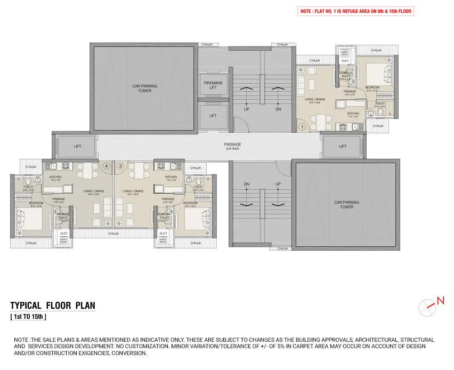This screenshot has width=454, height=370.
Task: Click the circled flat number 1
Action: click(302, 127)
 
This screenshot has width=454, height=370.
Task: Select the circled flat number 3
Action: click(120, 166)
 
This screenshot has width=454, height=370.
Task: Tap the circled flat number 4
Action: click(107, 166)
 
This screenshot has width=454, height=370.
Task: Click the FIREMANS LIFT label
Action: click(213, 85)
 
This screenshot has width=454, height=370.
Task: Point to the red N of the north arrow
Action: click(440, 301)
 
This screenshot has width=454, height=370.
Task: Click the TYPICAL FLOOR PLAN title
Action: click(53, 305)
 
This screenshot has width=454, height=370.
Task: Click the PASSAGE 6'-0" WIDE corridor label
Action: click(232, 146)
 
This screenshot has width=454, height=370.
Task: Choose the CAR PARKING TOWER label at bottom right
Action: click(346, 204)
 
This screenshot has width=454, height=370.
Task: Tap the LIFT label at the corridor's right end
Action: click(342, 146)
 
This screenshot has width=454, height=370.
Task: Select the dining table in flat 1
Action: click(318, 120)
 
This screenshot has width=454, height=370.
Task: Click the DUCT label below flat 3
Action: click(163, 233)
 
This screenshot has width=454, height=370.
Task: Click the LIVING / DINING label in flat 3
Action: click(133, 191)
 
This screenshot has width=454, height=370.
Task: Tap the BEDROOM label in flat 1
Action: click(372, 87)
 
